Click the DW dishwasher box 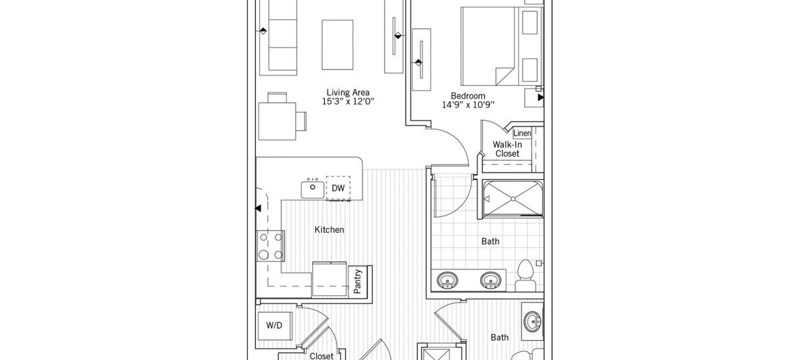click(x=338, y=189)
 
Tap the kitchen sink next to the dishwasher click(x=311, y=189)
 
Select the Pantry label click(x=358, y=281)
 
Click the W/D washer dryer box click(x=274, y=327)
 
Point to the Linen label click(x=522, y=134)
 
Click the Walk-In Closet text click(x=507, y=149)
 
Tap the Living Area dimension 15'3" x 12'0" click(x=348, y=102)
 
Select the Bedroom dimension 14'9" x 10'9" click(x=467, y=105)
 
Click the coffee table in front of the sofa click(x=337, y=44)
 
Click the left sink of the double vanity click(x=446, y=280)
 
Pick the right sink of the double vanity click(x=492, y=280)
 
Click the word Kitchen click(x=329, y=230)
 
